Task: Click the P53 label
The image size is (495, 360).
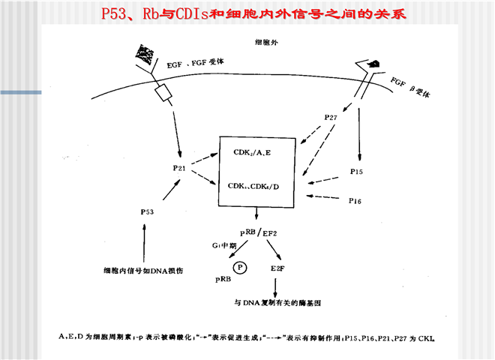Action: [147, 212]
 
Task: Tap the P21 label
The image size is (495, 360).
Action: [178, 168]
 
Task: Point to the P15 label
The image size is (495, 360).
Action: [357, 172]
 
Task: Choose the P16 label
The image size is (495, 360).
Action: [356, 201]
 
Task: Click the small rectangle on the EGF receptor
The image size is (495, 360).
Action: [163, 93]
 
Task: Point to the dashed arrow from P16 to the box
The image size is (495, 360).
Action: [323, 198]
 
